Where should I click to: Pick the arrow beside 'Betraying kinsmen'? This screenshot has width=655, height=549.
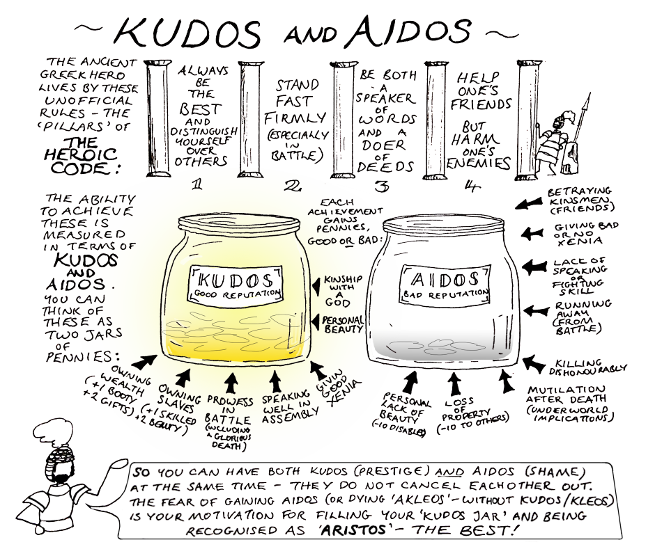529,203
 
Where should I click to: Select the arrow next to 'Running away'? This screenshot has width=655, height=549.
534,311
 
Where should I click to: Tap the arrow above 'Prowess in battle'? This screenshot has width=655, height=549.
231,381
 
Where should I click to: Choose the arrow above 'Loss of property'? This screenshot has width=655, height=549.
456,382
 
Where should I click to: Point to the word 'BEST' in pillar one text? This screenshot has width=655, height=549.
201,110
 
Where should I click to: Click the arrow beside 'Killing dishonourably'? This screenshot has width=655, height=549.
534,363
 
